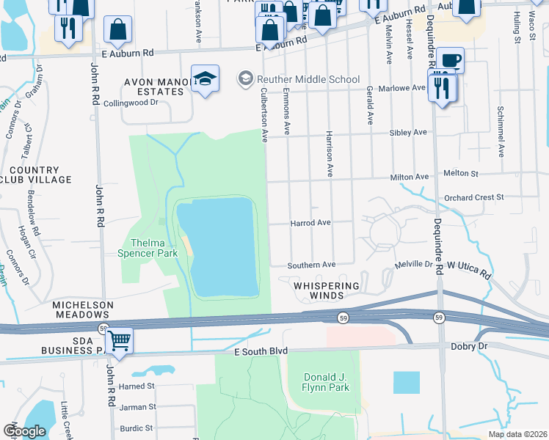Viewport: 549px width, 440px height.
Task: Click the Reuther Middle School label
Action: pos(308,79)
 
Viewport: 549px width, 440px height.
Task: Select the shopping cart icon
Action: pos(119,340)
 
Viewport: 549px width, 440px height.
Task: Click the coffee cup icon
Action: pos(450,60)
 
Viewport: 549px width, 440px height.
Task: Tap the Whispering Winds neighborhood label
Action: pos(327,290)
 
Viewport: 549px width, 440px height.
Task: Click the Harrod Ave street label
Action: pos(310,222)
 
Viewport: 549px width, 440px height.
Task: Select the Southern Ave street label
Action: pos(311,264)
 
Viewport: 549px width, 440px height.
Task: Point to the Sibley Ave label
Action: pos(410,133)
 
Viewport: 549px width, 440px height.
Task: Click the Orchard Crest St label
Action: pos(474,197)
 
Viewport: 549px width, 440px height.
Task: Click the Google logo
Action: pos(24,431)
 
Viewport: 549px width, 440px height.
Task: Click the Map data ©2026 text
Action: pos(516,434)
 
